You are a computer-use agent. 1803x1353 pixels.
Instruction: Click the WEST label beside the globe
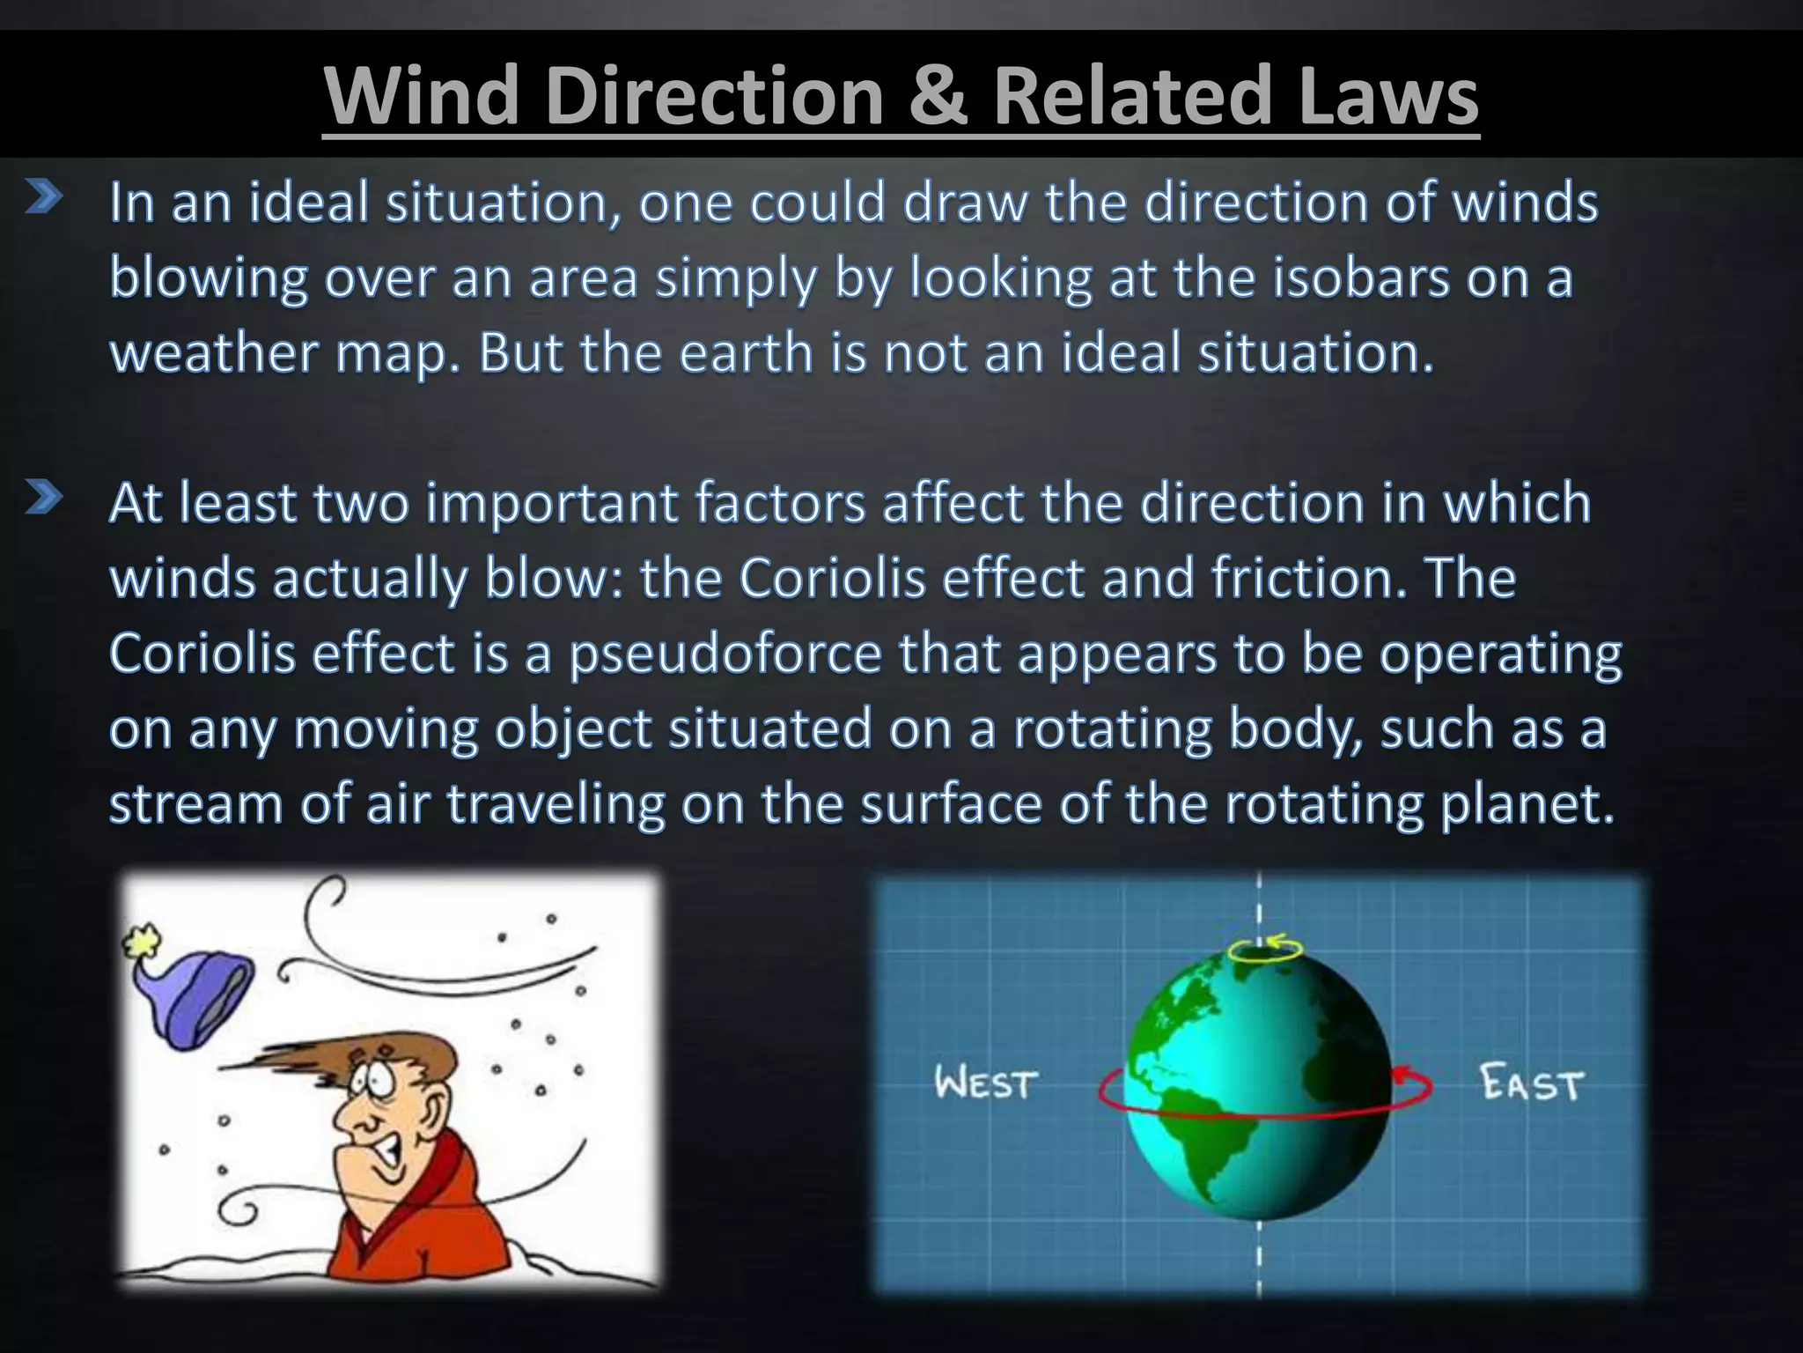coord(986,1083)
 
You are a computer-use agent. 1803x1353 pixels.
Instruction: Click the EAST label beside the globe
coord(1532,1083)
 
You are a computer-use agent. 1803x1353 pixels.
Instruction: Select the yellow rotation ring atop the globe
coord(1265,950)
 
